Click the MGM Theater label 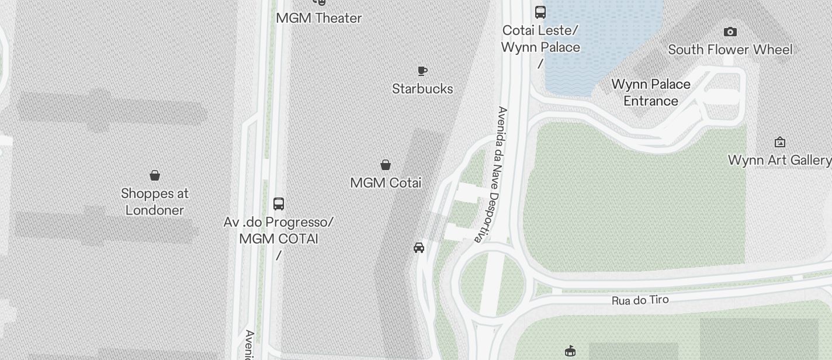(319, 18)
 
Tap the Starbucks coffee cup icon (422, 71)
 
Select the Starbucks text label (422, 89)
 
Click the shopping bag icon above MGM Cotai (386, 165)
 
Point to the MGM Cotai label (386, 183)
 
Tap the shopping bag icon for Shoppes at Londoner (155, 175)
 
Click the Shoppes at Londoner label (155, 202)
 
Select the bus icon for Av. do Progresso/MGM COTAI (279, 204)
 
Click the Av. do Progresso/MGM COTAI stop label (279, 231)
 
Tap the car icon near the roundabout (419, 248)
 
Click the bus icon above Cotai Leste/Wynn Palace (540, 12)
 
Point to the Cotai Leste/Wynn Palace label (541, 39)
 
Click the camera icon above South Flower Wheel (730, 32)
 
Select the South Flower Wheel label (730, 50)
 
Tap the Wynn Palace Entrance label (651, 92)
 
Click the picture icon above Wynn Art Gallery (779, 142)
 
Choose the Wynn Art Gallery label (779, 160)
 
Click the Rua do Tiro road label (640, 300)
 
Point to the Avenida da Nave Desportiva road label (492, 174)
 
